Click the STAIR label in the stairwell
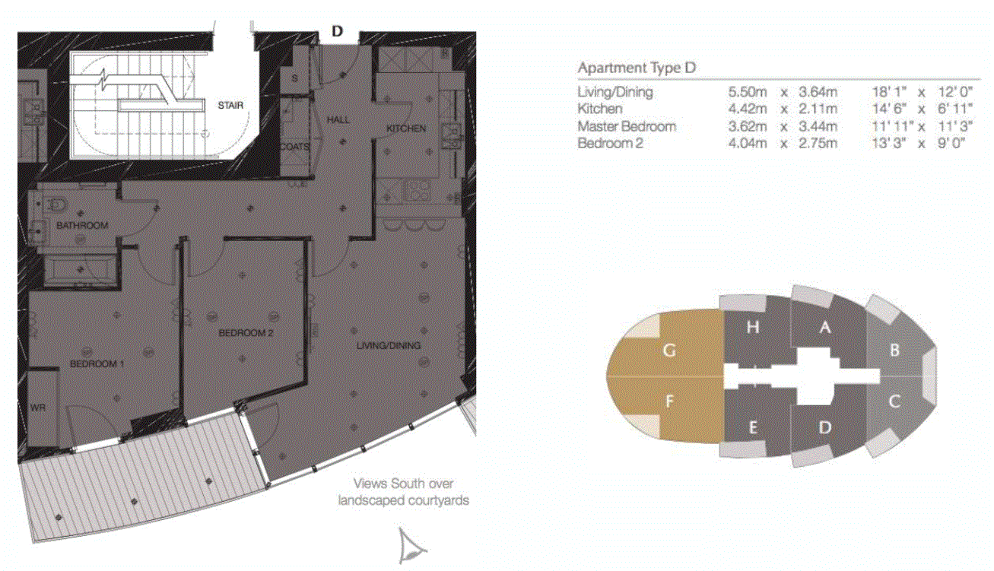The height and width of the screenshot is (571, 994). pos(230,106)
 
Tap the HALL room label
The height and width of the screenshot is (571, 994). pos(338,120)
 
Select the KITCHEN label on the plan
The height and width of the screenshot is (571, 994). pos(406,128)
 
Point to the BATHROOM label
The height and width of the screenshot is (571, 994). pos(83,225)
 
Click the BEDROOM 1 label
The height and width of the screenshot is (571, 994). pos(97,363)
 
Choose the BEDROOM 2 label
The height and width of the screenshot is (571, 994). pos(246,333)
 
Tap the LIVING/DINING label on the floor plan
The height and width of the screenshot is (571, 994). pos(389,345)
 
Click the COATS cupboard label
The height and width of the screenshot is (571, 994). pos(294,147)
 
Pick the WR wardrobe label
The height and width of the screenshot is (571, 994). pos(38,408)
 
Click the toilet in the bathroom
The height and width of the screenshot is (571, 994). pos(57,205)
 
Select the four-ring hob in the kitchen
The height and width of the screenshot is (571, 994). pos(416,190)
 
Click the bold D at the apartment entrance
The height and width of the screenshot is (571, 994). pos(337,31)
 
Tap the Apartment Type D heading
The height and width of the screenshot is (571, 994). pos(637,68)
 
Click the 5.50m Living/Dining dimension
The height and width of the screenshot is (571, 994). pos(748,92)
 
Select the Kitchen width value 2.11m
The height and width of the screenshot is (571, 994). pos(818,109)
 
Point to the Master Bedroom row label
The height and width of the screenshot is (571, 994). pos(627,126)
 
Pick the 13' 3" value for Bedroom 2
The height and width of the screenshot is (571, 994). pos(888,143)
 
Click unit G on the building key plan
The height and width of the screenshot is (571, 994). pos(669,351)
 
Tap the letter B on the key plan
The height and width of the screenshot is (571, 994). pos(894,350)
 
